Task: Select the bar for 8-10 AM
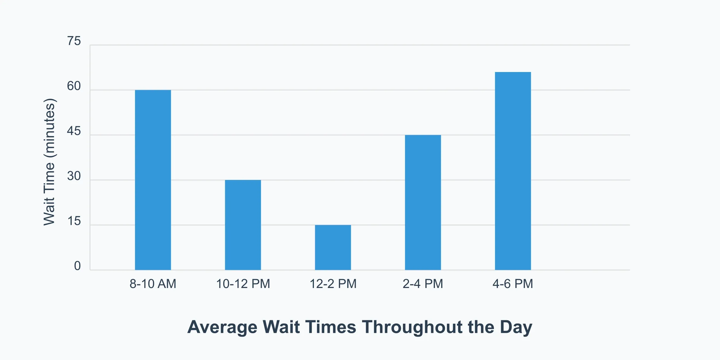153,180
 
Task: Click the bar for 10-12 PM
243,225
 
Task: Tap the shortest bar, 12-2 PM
333,247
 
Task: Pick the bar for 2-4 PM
423,202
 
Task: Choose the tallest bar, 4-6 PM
513,171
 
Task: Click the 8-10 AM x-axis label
153,284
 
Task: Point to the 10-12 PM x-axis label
243,284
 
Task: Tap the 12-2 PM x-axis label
333,284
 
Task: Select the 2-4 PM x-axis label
423,284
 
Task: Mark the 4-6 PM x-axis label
513,284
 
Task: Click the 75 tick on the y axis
74,41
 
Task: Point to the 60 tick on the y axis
74,86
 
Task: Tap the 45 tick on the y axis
74,131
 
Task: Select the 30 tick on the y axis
74,176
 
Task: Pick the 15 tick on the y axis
74,221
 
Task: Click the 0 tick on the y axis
77,266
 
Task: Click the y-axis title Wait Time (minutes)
49,162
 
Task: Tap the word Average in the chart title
222,327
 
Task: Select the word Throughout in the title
412,327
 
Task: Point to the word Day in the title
516,327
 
